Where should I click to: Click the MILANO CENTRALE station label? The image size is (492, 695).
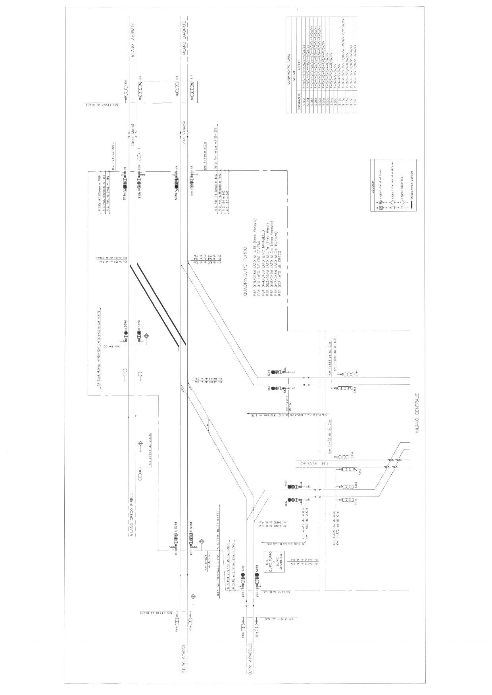pos(417,412)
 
